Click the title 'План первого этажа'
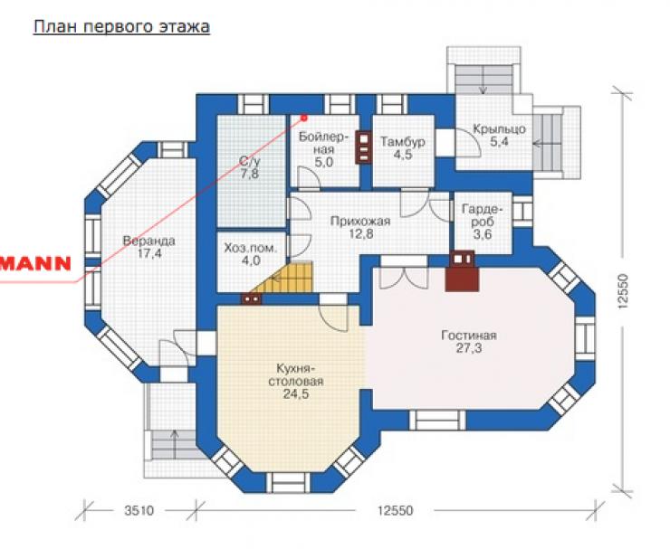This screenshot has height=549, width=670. click(122, 27)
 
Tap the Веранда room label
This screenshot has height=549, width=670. click(149, 241)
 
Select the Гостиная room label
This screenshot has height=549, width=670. click(469, 336)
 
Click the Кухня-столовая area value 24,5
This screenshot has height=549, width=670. click(296, 393)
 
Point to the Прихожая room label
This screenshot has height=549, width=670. click(360, 221)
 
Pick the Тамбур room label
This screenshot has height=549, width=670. click(403, 141)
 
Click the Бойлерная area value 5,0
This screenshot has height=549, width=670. click(324, 162)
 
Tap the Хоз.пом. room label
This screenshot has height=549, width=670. click(251, 248)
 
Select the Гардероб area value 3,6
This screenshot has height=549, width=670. click(483, 234)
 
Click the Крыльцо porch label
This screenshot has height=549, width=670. click(499, 128)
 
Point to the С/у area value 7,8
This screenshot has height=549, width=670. click(249, 174)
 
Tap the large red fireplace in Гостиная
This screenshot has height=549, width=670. click(462, 279)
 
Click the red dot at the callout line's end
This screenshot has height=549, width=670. click(304, 118)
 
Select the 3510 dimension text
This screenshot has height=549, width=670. click(139, 511)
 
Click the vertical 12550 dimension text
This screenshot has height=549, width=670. click(624, 290)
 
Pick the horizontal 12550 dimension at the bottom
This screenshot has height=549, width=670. click(396, 511)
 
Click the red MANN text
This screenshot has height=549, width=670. click(35, 264)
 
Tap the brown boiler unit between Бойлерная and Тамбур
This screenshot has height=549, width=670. click(364, 147)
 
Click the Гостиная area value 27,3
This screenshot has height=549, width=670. click(469, 348)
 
